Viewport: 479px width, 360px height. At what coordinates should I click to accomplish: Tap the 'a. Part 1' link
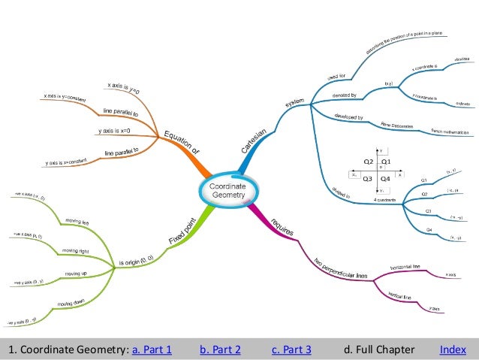tap(152, 349)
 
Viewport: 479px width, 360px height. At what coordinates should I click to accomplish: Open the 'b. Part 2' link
tap(221, 349)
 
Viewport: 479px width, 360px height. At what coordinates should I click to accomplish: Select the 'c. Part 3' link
tap(291, 349)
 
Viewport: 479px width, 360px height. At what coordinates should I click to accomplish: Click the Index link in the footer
tap(453, 349)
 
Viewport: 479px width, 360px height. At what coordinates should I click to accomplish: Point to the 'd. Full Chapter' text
tap(378, 349)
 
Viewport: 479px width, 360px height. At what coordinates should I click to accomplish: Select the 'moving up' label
tap(76, 274)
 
